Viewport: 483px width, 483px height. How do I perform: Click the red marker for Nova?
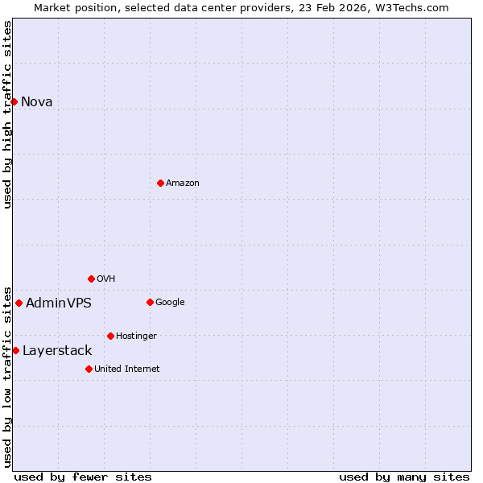[14, 101]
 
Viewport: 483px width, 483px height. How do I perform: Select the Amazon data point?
[160, 183]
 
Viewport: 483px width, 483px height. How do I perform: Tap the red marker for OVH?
[91, 279]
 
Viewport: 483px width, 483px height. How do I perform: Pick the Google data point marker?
[150, 302]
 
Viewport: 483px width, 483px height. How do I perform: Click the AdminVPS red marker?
[19, 303]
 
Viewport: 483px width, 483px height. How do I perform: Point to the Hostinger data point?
[110, 336]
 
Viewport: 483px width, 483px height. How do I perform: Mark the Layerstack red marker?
[15, 350]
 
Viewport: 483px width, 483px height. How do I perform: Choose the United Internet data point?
[89, 369]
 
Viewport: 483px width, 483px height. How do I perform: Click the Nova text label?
[37, 101]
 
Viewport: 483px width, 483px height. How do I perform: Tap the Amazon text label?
[183, 183]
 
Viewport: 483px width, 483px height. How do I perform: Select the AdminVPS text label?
[59, 303]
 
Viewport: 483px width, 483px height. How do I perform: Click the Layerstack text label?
[57, 350]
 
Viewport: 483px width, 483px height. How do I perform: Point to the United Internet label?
[127, 369]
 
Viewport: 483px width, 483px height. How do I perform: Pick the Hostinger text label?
[136, 336]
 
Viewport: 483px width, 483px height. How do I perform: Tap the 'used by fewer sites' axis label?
[83, 477]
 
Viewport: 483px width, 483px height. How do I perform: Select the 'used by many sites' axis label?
[404, 477]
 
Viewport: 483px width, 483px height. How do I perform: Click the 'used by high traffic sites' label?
[7, 114]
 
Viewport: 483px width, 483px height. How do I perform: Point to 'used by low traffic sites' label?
[7, 376]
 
